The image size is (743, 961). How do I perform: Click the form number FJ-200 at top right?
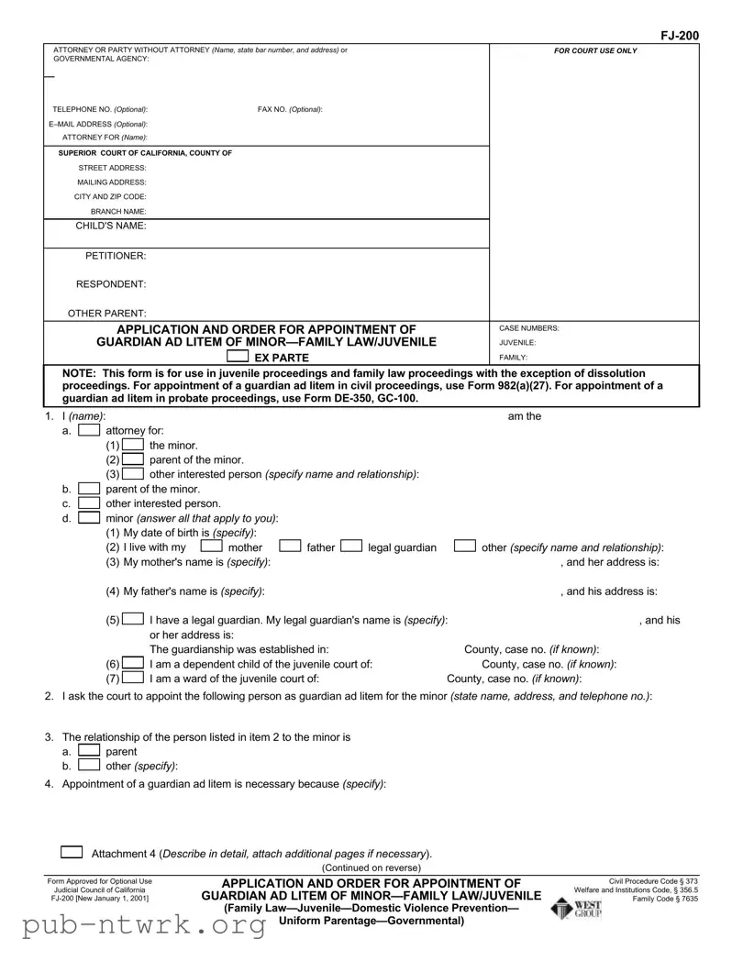(680, 36)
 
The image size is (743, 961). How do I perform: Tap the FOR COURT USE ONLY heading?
(594, 50)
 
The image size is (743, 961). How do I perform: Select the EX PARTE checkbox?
(238, 357)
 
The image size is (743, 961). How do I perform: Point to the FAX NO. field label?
(290, 109)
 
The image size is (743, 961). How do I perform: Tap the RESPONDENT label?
(110, 284)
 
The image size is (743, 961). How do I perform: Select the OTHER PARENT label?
(107, 314)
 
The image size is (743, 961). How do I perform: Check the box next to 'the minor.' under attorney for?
(132, 445)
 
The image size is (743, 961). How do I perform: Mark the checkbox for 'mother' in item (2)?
(212, 547)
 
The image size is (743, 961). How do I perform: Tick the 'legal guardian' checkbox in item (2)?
(350, 547)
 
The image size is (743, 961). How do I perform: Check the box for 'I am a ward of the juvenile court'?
(132, 679)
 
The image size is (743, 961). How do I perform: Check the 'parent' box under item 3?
(89, 751)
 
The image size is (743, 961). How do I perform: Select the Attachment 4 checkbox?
(72, 852)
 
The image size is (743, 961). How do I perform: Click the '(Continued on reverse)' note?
(371, 867)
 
